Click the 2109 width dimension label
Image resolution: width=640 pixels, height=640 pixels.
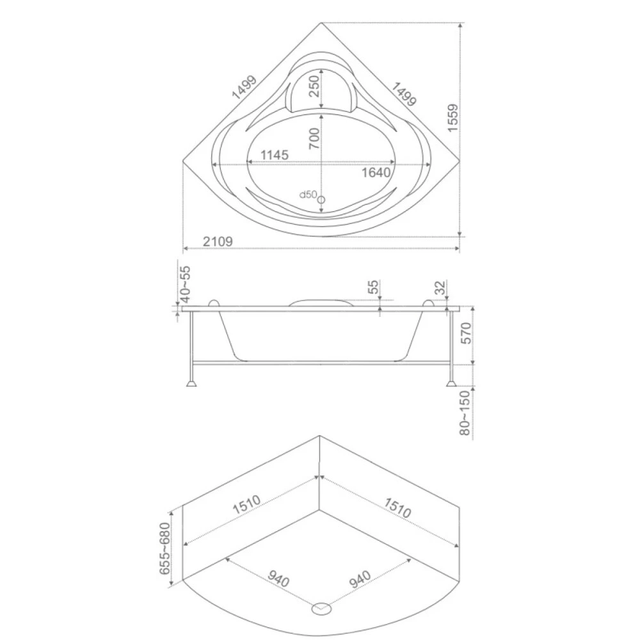218,242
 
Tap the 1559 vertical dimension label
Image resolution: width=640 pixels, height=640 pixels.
453,118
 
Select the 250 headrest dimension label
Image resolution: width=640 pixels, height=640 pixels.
314,86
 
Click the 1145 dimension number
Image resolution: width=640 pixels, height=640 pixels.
275,155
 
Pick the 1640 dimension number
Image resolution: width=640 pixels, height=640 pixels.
376,173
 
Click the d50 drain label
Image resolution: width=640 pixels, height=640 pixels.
308,195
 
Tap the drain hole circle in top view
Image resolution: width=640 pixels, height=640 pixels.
321,200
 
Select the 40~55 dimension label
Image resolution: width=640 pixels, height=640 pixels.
186,284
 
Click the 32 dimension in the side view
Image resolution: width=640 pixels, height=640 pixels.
440,288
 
